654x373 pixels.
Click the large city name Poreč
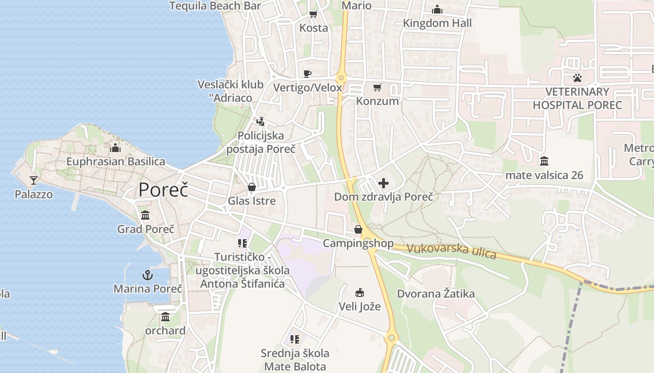point(163,190)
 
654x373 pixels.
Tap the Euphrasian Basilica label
point(115,162)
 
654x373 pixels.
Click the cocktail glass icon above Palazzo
point(33,180)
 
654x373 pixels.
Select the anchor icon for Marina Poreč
point(148,275)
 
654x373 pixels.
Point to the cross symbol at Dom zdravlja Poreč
point(384,183)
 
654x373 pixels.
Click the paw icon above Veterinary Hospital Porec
point(577,77)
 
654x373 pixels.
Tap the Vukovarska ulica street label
point(451,250)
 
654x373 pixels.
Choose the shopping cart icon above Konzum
point(377,87)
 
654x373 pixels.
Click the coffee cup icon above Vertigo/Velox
point(307,73)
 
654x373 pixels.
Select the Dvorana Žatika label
point(436,294)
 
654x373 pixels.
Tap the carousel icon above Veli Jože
point(360,293)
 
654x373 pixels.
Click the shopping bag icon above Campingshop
point(358,229)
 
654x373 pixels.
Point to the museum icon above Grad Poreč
point(145,215)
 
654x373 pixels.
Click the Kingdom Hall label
point(437,23)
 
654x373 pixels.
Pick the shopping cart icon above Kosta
point(313,14)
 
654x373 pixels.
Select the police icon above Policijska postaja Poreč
point(261,122)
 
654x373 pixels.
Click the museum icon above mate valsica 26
point(544,161)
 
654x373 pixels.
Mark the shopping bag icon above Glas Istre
point(252,187)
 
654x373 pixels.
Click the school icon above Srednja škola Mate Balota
point(295,339)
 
